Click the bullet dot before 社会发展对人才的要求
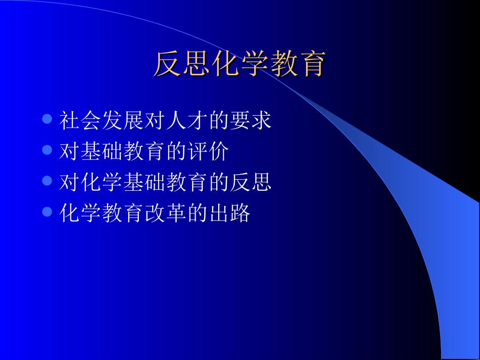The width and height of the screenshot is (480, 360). [47, 119]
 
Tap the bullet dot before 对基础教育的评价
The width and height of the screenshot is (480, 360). [47, 150]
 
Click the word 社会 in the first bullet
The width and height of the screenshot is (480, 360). [80, 121]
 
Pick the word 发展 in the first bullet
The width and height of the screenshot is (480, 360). [123, 121]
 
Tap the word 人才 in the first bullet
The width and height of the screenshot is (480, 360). [186, 121]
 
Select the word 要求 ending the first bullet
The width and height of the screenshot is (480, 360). [250, 121]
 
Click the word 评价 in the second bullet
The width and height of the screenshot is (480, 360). [208, 151]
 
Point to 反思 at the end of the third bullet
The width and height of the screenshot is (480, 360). [250, 182]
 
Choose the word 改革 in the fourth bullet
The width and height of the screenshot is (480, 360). [165, 213]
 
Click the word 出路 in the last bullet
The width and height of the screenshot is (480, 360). [229, 213]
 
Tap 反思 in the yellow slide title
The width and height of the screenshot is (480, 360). [181, 64]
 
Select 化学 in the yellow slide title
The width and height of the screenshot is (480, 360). [238, 64]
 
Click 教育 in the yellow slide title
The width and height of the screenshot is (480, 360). [295, 64]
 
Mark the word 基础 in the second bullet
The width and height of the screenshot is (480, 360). [102, 151]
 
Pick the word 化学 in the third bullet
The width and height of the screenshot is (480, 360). [102, 182]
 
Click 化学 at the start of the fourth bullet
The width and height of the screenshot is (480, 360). [80, 213]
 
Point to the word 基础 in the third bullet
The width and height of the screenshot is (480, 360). [144, 182]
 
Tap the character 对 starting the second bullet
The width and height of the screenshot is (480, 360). [70, 151]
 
